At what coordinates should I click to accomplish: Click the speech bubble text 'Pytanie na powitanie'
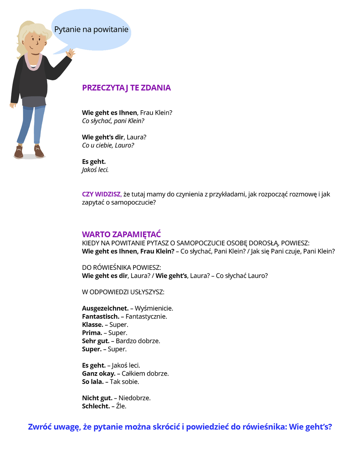(91, 30)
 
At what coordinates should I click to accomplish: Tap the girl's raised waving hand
(70, 53)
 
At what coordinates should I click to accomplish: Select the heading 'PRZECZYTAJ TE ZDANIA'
(126, 88)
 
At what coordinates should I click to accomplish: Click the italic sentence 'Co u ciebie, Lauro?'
(108, 145)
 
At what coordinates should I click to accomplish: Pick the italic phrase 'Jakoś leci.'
(95, 170)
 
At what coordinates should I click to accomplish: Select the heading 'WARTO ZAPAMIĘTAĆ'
(121, 235)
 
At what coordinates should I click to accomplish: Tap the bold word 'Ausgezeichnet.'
(105, 308)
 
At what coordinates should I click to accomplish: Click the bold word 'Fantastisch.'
(100, 316)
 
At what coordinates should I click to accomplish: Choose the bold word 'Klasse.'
(93, 325)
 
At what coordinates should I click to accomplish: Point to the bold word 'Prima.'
(92, 333)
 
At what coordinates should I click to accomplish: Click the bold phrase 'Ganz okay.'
(99, 374)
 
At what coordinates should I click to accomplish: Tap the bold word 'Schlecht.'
(96, 406)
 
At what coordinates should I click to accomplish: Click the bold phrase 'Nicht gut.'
(97, 398)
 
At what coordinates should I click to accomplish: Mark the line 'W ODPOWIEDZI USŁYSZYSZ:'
(123, 292)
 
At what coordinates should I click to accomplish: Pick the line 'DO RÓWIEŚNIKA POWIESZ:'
(121, 268)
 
